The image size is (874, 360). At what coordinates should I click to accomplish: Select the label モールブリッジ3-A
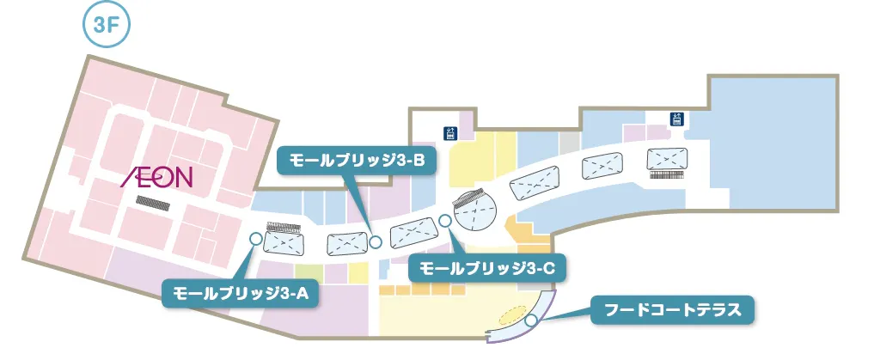pos(240,292)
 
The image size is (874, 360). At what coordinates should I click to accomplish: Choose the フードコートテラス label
pos(672,309)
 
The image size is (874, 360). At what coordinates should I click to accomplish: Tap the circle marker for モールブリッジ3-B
pos(376,242)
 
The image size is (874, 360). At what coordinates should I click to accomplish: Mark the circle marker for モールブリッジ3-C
pos(445,221)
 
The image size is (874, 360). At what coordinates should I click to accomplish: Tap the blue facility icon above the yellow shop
pos(449,132)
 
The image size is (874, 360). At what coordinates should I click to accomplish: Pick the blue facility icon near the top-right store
pos(677,119)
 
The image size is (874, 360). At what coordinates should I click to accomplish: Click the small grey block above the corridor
pos(570,142)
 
